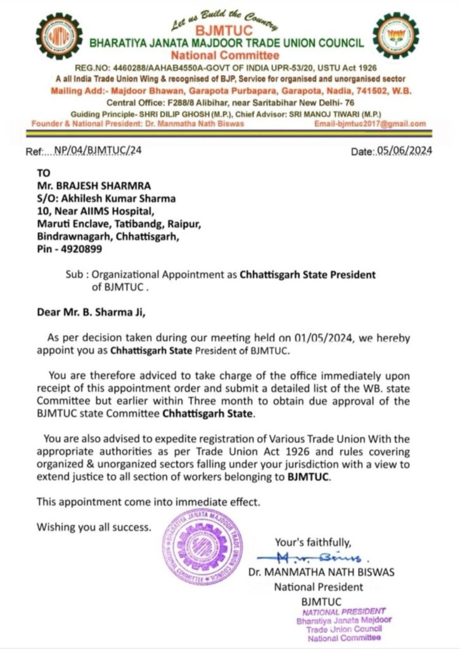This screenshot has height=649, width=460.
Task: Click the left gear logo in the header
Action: click(x=59, y=35)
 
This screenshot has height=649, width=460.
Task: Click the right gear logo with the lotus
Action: click(x=396, y=35)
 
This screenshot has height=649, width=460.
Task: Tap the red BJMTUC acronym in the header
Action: click(x=226, y=30)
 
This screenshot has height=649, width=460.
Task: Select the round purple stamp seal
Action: click(x=203, y=546)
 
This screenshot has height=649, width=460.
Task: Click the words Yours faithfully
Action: click(x=312, y=542)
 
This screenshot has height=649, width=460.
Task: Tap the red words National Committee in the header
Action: click(x=226, y=55)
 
